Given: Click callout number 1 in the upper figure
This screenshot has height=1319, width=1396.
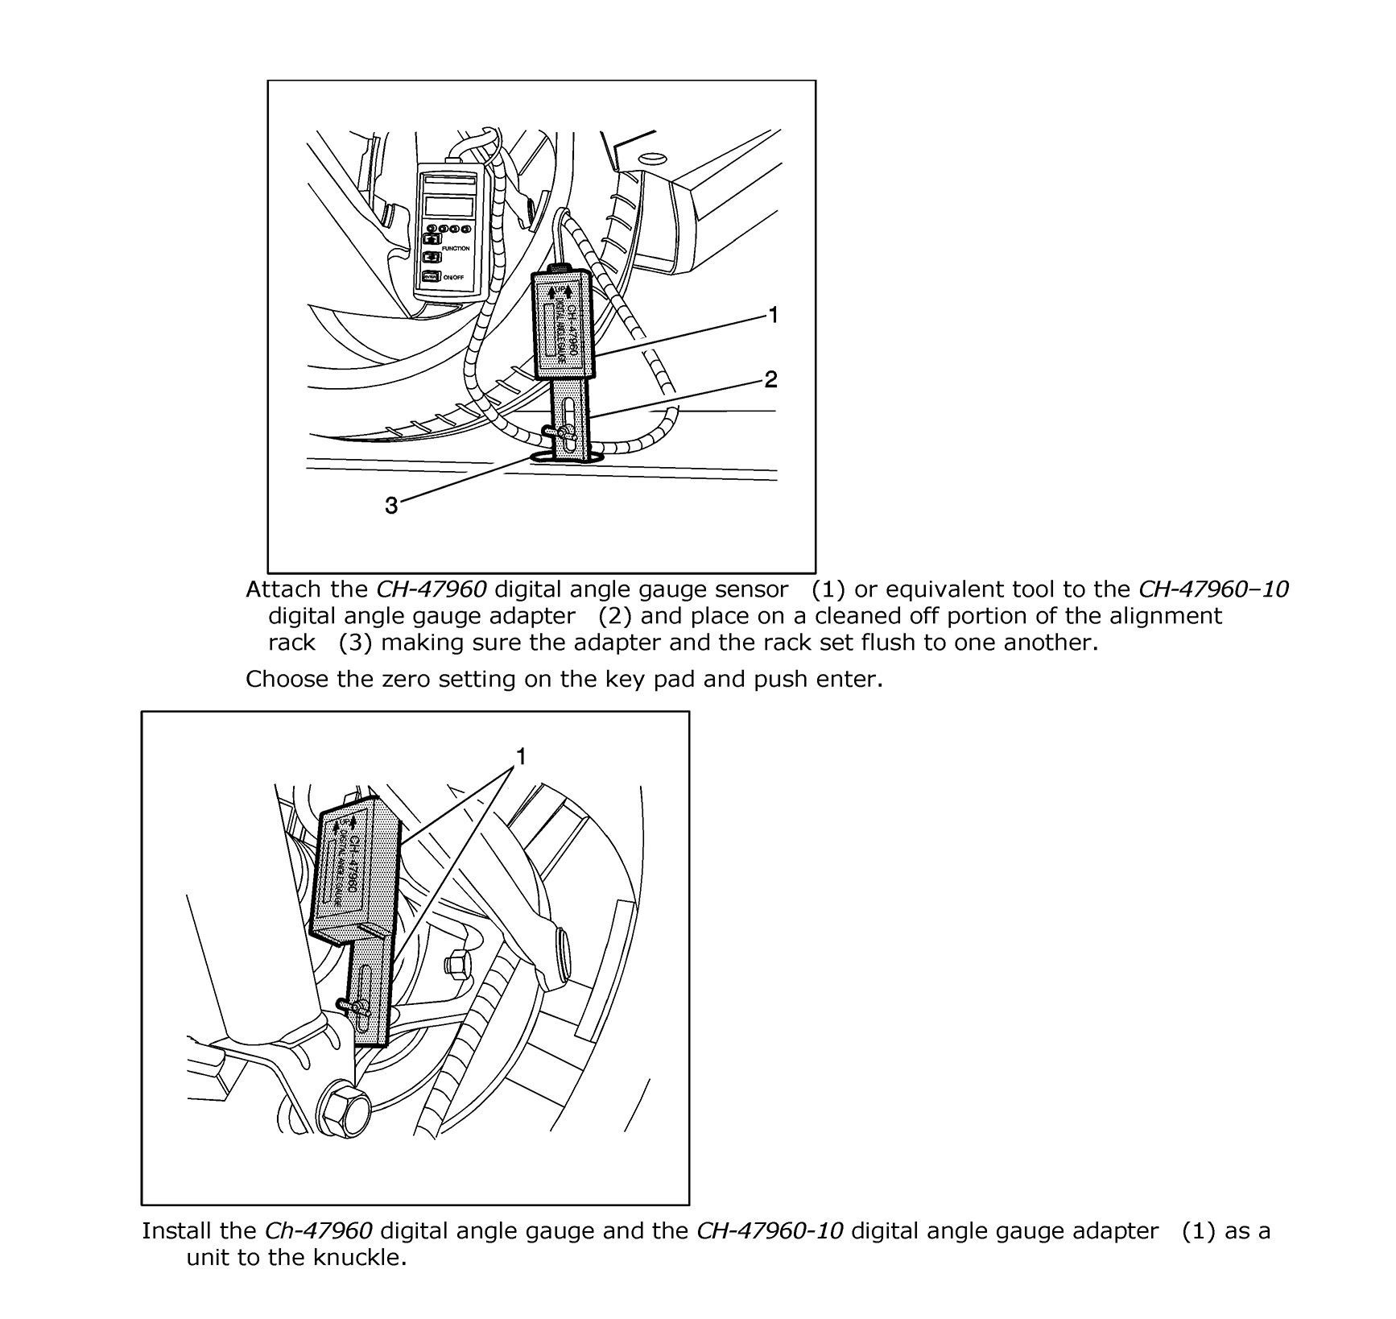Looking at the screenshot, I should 773,316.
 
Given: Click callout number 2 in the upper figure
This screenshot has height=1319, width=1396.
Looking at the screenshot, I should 770,379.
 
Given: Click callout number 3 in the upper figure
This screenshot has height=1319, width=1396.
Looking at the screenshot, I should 391,506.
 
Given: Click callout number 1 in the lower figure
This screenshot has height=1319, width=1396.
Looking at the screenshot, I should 521,756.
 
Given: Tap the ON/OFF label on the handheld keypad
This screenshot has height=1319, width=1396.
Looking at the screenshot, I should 453,278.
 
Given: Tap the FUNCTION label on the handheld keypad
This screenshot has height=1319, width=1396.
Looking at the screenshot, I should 455,249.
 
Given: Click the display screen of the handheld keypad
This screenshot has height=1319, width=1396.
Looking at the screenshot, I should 448,206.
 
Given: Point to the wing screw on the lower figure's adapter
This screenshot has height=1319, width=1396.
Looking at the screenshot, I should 354,1007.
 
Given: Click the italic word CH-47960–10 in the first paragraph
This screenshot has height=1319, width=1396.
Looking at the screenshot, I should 1215,589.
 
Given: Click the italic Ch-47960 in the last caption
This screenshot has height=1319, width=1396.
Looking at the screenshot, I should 318,1230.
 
